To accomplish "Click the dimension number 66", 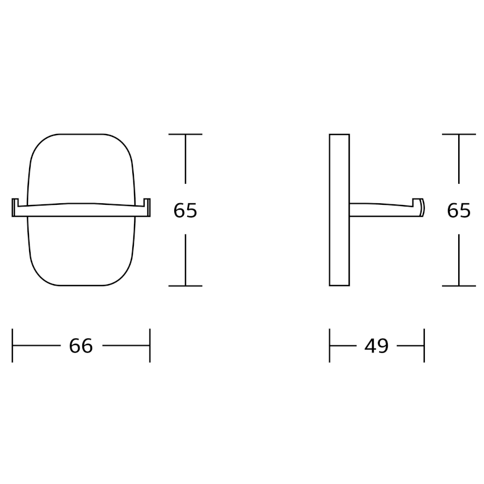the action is [81, 346].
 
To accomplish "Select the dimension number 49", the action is [376, 346].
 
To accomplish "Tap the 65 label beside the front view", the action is [185, 210].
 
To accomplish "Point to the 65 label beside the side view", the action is [459, 210].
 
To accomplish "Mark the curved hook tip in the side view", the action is [422, 207].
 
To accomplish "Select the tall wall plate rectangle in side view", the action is [339, 210].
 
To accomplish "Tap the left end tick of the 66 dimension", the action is [12, 345].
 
